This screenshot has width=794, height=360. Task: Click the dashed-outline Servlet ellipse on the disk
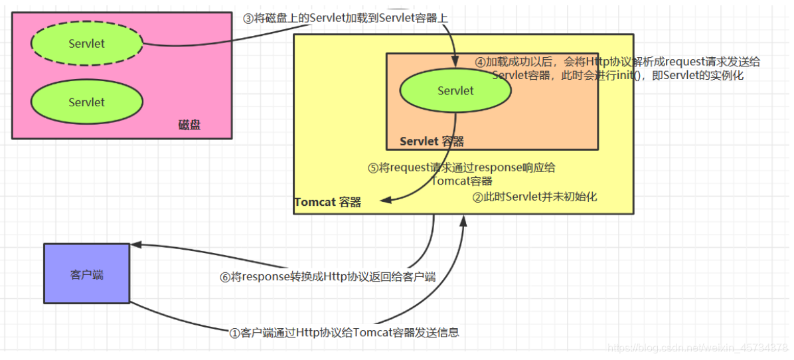coord(87,44)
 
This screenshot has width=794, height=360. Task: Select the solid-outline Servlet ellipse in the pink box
coord(87,102)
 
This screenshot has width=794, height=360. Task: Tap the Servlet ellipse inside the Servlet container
coord(455,91)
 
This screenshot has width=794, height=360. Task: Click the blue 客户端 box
coord(87,274)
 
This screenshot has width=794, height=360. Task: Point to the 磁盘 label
coord(190,125)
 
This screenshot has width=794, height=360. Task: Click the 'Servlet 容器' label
coord(432,141)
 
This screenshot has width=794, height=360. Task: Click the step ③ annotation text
coord(345,19)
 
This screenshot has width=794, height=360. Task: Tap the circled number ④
coord(481,62)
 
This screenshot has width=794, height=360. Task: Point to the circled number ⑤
coord(373,168)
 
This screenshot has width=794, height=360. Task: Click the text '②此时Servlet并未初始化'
coord(535,197)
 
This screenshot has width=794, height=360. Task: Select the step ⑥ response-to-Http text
coord(327,276)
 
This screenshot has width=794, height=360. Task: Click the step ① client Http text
coord(344,332)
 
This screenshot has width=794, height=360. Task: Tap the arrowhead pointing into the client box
coord(135,244)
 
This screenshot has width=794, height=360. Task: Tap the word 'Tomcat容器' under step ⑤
coord(461,181)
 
